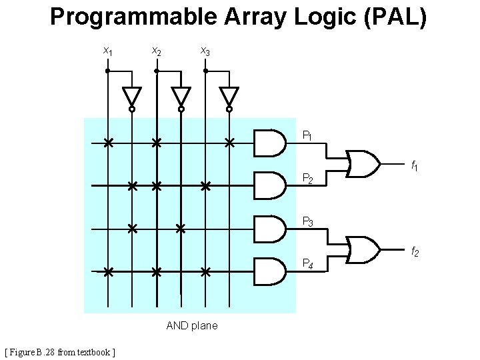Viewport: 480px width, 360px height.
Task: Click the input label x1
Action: pos(107,51)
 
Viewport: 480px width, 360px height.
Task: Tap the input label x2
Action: pos(156,51)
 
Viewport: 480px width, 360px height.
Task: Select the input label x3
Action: pos(205,51)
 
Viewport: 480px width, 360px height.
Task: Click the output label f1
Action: pos(414,165)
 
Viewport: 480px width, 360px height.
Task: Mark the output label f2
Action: pos(414,251)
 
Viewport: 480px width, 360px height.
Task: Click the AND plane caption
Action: pos(191,325)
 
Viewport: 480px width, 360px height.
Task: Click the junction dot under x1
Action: pos(107,70)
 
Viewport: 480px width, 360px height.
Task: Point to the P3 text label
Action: pos(309,221)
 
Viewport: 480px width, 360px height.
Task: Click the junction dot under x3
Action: pos(205,70)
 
